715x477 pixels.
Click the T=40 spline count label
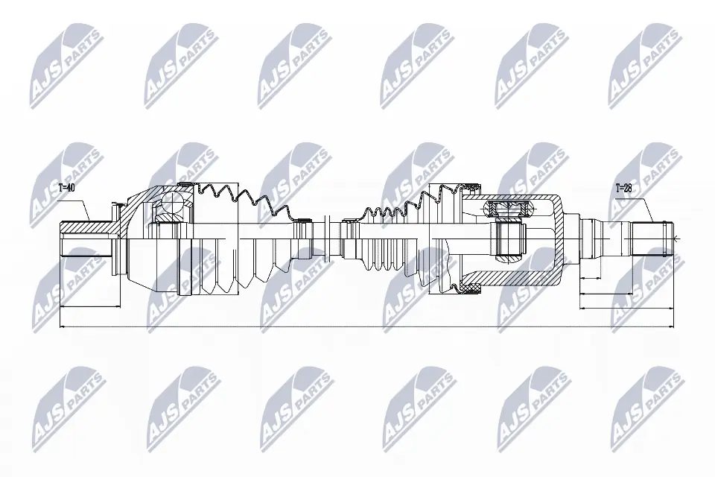66,189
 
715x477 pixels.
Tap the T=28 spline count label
623,189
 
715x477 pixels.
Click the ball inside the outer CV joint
172,203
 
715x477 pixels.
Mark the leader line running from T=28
645,208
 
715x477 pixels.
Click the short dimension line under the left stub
89,306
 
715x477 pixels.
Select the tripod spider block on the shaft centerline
507,238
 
